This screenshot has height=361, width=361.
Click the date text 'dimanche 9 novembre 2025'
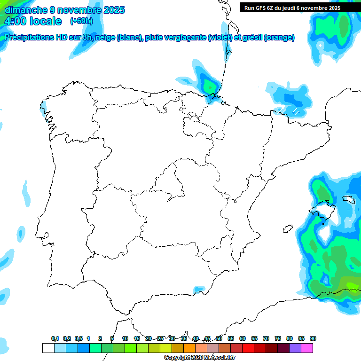point(65,10)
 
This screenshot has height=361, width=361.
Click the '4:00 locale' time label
point(33,21)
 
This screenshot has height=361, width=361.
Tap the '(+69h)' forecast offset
point(81,21)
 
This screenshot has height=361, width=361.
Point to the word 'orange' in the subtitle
point(279,38)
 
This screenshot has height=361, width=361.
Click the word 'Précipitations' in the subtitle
point(29,38)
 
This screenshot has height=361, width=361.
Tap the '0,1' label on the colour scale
point(55,338)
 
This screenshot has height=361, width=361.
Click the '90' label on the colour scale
point(313,338)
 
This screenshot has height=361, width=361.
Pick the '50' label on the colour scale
point(219,338)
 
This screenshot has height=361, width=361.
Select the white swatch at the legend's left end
point(48,348)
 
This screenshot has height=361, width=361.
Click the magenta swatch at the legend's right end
point(307,348)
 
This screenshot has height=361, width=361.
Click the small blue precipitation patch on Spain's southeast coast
point(200,289)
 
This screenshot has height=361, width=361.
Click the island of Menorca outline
point(348,200)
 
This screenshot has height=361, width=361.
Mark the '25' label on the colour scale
point(160,338)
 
